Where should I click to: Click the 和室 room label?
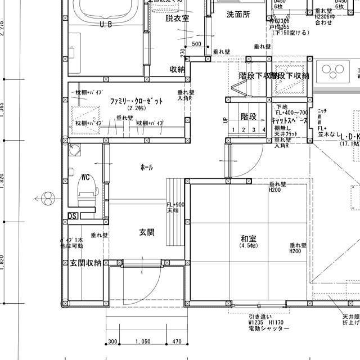click(x=248, y=238)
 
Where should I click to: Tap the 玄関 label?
click(x=147, y=232)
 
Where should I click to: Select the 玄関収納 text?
click(x=85, y=263)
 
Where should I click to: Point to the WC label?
click(x=86, y=177)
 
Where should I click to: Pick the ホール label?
click(x=146, y=167)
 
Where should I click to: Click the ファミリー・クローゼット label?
click(x=137, y=101)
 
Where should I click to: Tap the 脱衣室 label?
click(x=177, y=19)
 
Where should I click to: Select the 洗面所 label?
click(x=238, y=14)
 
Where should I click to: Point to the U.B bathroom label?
click(x=105, y=25)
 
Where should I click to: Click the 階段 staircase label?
click(x=249, y=116)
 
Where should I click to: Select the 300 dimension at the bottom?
click(x=112, y=341)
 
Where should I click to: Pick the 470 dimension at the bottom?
click(x=176, y=341)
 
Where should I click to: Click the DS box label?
click(x=73, y=215)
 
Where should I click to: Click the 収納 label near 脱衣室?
click(x=177, y=70)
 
